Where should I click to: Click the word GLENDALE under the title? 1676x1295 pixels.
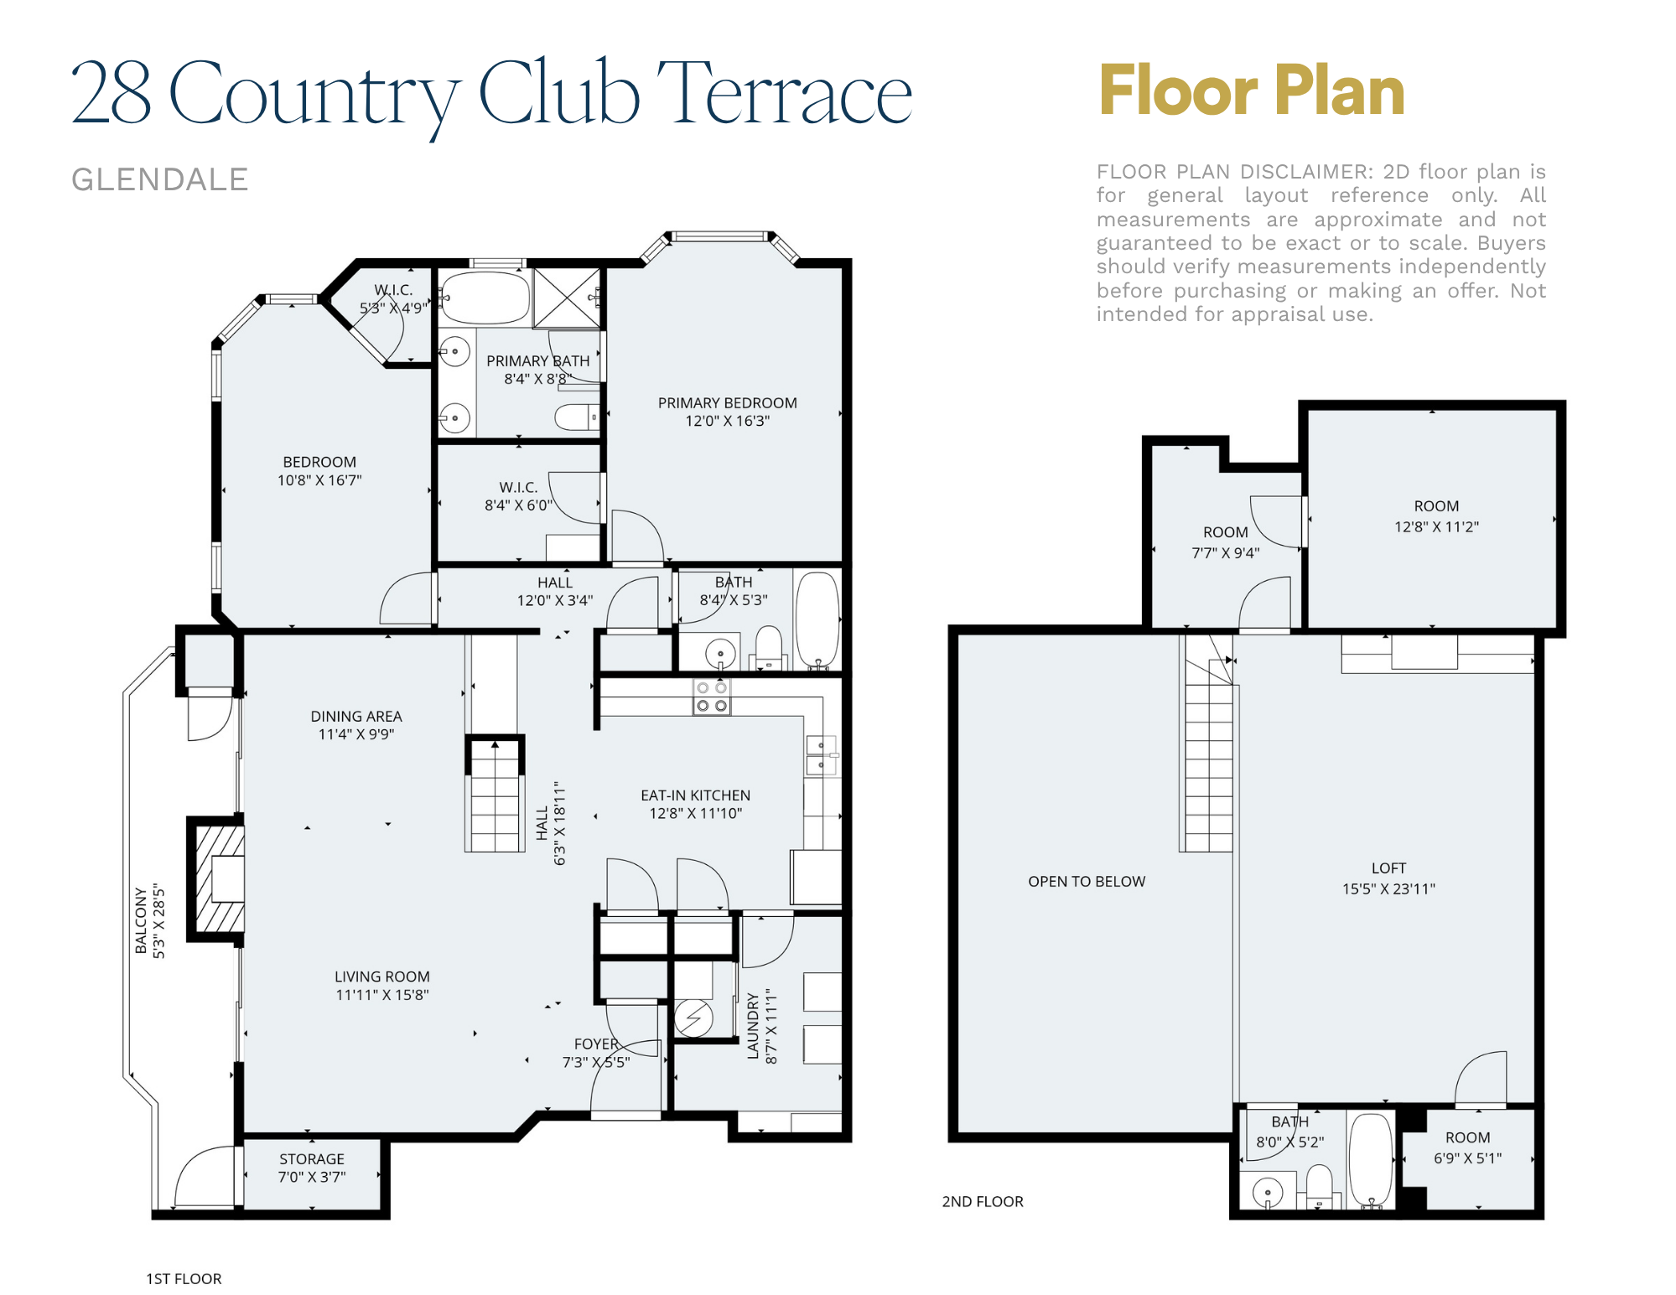click(x=159, y=179)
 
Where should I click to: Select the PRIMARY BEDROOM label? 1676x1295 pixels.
click(x=727, y=412)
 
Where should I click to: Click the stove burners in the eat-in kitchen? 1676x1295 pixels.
click(x=712, y=697)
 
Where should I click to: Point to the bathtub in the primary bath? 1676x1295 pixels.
click(x=485, y=298)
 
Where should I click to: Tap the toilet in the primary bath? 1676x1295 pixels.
click(x=576, y=417)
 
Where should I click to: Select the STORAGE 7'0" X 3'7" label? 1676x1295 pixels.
click(x=312, y=1168)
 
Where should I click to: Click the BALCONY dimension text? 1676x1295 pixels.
click(x=150, y=921)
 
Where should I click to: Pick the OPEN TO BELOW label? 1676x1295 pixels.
click(x=1086, y=881)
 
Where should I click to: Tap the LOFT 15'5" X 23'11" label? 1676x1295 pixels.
click(x=1388, y=878)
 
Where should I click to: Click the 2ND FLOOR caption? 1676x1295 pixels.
click(x=983, y=1201)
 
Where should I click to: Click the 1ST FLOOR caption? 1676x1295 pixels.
click(x=184, y=1278)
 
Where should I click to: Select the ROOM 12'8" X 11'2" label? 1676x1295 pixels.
click(x=1436, y=516)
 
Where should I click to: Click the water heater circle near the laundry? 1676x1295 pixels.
click(x=693, y=1018)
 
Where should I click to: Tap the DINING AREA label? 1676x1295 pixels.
click(x=356, y=725)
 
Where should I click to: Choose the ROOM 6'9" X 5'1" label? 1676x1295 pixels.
click(x=1467, y=1147)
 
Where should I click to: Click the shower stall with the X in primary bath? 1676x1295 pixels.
click(x=568, y=298)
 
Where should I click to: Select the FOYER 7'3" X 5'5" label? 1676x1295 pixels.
click(x=596, y=1053)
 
